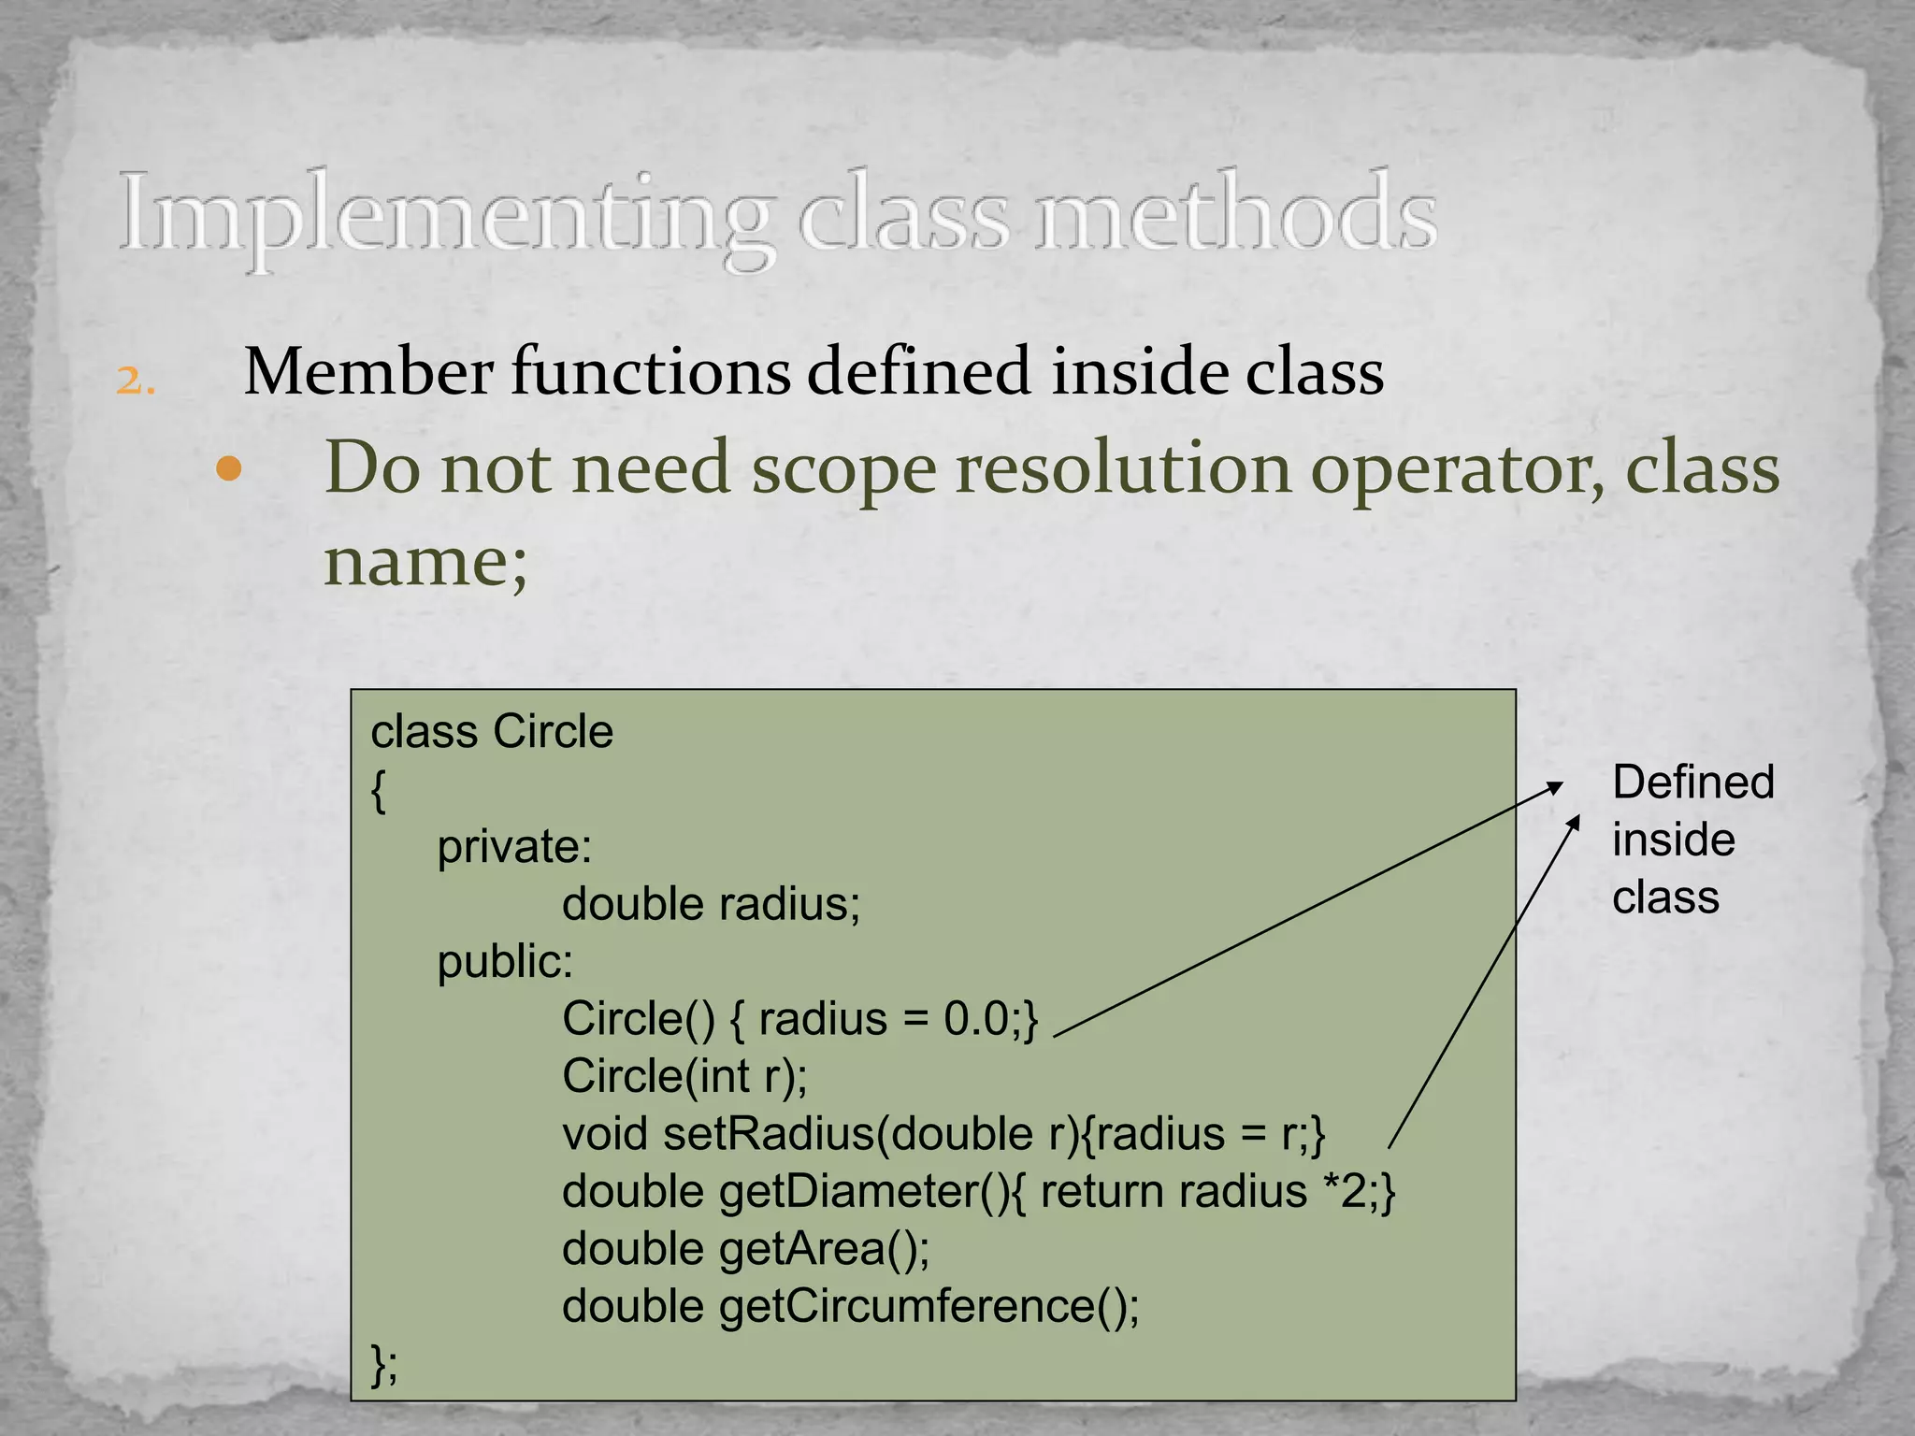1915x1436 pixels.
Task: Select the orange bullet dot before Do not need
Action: tap(228, 469)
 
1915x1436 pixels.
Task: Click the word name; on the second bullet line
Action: tap(425, 561)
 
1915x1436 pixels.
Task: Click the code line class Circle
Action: tap(492, 731)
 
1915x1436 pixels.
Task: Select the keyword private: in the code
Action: tap(514, 847)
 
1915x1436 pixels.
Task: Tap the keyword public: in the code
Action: tap(505, 962)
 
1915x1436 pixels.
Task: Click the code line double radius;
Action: tap(711, 904)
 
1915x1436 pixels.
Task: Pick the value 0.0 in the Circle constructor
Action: tap(975, 1019)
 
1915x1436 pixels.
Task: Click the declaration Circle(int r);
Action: tap(684, 1076)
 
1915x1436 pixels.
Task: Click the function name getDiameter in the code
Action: tap(850, 1192)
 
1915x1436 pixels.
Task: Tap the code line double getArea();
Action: tap(745, 1249)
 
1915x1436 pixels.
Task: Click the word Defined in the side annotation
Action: tap(1692, 782)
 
